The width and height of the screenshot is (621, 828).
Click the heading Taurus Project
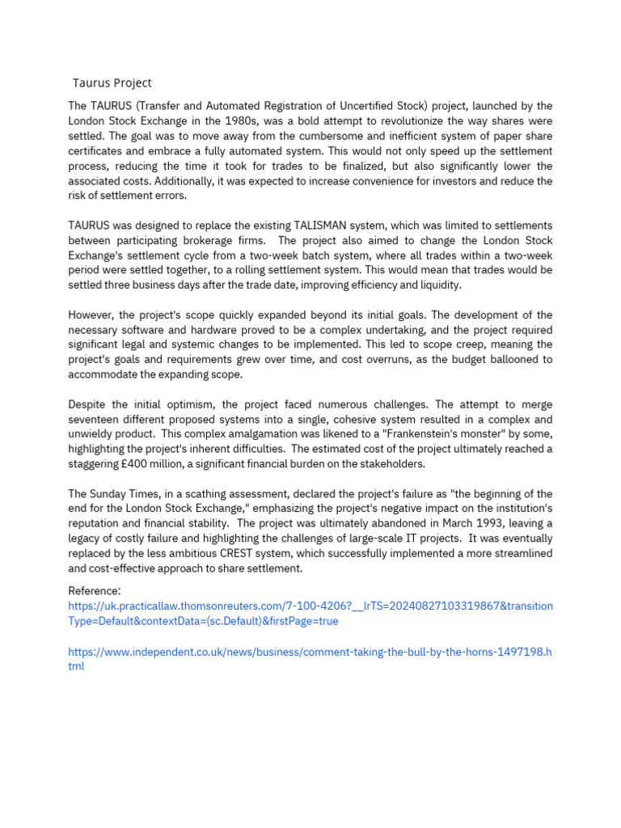[112, 82]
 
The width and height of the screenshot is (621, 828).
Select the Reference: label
[95, 591]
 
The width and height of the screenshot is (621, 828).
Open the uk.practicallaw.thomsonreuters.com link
[310, 606]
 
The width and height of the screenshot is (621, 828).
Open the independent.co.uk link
[310, 652]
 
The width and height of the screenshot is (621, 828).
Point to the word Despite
[88, 403]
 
